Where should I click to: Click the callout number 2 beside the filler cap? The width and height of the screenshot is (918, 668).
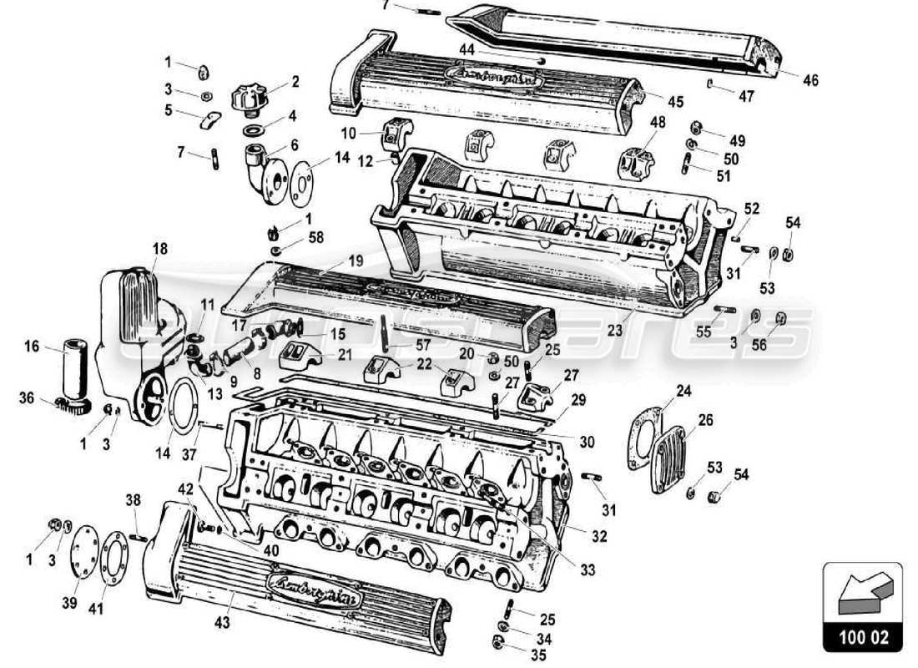[295, 82]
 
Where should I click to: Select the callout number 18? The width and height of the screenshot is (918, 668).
[160, 249]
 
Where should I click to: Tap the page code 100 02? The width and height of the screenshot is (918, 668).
[863, 639]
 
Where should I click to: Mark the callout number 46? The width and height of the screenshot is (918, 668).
[811, 80]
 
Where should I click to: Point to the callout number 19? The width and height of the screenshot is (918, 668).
[356, 261]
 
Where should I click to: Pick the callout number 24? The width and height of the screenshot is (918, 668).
[684, 390]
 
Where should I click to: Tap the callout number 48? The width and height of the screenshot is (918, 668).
[657, 122]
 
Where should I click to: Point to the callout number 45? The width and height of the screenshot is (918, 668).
[675, 102]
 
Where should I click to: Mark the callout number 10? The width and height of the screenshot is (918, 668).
[349, 134]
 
